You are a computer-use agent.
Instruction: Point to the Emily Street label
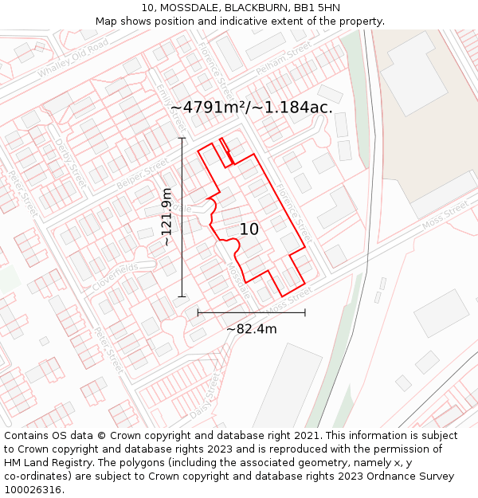pyautogui.click(x=170, y=107)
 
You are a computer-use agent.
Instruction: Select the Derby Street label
pyautogui.click(x=69, y=164)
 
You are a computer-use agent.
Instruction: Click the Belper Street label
pyautogui.click(x=143, y=174)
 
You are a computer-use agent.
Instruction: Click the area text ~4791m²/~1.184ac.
pyautogui.click(x=252, y=107)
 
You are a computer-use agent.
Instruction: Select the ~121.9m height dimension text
pyautogui.click(x=167, y=217)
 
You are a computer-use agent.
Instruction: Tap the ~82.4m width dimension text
pyautogui.click(x=252, y=328)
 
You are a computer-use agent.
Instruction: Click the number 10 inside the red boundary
pyautogui.click(x=249, y=229)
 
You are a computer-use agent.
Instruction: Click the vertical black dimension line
pyautogui.click(x=182, y=217)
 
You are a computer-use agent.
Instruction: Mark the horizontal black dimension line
pyautogui.click(x=251, y=313)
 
